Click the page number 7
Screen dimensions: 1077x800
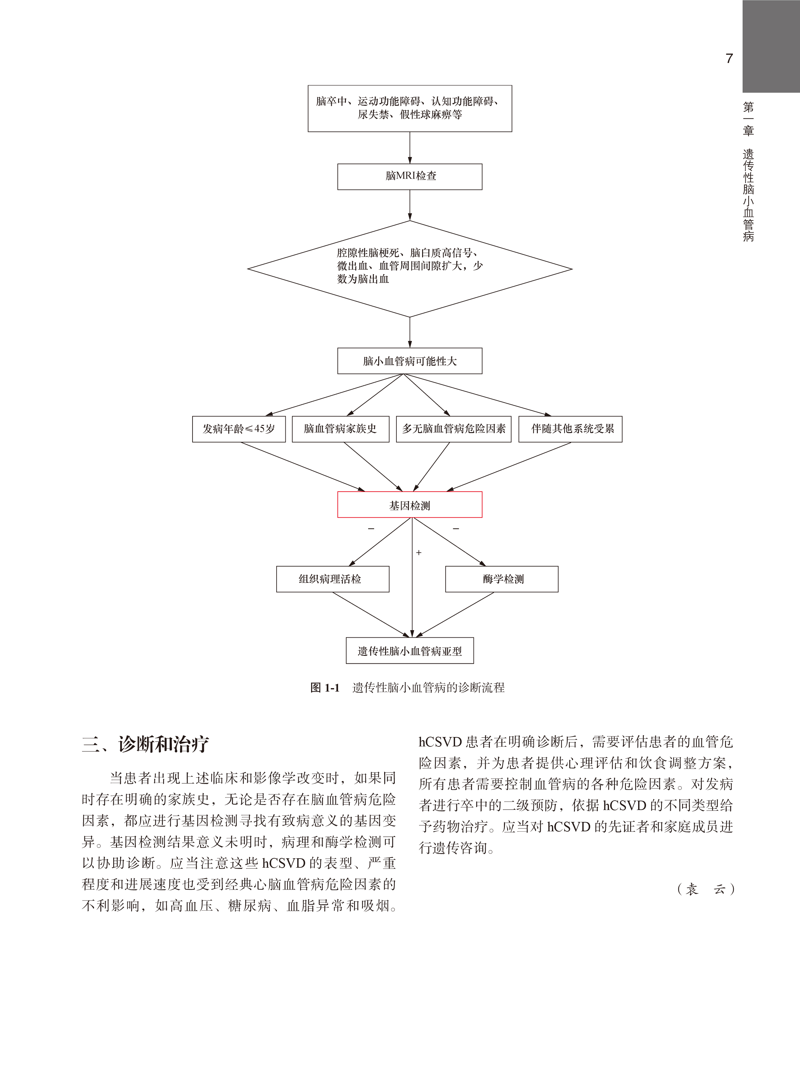click(x=729, y=59)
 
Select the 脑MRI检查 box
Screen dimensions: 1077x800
click(x=410, y=177)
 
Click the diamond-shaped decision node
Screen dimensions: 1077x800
click(x=410, y=269)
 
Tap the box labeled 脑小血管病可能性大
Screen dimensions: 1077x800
click(x=410, y=361)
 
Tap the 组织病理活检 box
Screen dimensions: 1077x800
click(x=333, y=579)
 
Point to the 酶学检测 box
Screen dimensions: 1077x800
click(x=502, y=579)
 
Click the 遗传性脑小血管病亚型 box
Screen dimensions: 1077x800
click(x=410, y=651)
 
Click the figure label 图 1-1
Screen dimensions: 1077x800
click(x=325, y=688)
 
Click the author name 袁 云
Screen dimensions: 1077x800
click(x=706, y=889)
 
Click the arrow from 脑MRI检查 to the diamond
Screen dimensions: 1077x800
click(x=410, y=205)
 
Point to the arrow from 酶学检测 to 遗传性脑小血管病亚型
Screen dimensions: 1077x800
click(x=455, y=614)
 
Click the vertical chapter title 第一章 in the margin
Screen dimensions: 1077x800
click(x=748, y=118)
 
